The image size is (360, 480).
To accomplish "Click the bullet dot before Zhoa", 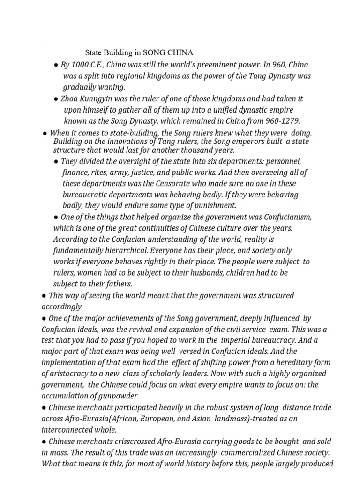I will click(x=56, y=99).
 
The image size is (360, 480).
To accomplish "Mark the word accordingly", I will click(x=61, y=307).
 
